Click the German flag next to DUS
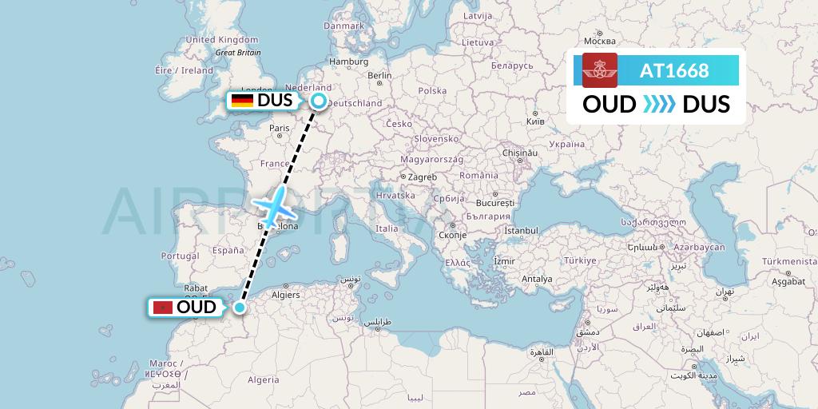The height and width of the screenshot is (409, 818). (243, 101)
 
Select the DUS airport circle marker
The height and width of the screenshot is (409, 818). (319, 101)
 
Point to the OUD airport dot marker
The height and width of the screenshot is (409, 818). (239, 307)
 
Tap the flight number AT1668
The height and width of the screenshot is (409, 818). (674, 70)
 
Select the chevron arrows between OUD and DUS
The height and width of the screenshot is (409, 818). (658, 104)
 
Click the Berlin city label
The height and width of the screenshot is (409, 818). (379, 77)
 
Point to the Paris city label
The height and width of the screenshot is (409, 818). (279, 128)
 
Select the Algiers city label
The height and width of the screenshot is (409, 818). (285, 294)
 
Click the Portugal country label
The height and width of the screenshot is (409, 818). (179, 256)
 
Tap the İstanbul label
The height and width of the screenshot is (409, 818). (521, 231)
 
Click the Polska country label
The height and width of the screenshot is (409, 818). (432, 90)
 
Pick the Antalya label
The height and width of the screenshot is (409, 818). (536, 279)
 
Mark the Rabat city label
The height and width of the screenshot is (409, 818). (197, 289)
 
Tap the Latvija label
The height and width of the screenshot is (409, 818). (477, 15)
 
